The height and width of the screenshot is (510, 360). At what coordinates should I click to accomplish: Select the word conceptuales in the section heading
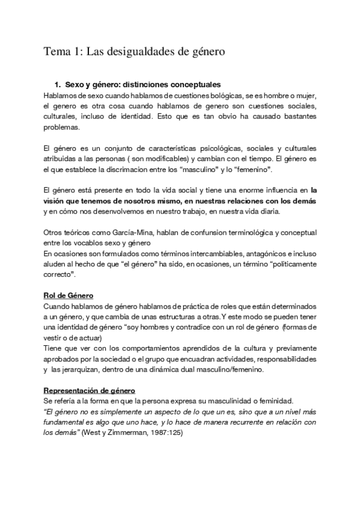point(191,85)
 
